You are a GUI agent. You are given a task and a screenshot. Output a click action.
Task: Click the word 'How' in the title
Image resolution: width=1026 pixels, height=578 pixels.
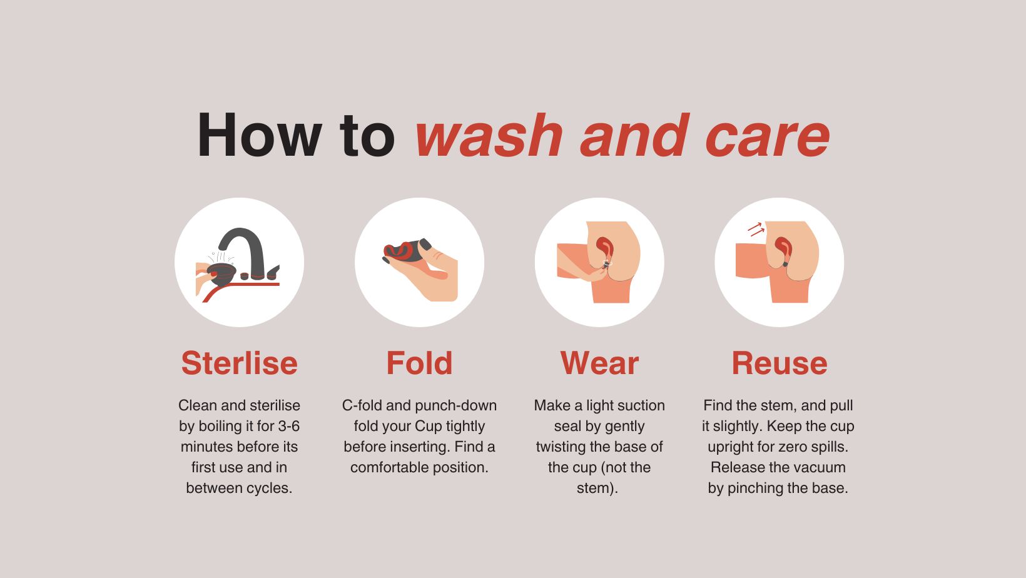click(x=259, y=135)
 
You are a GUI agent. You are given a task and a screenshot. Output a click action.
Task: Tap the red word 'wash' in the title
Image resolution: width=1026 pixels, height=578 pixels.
click(x=489, y=136)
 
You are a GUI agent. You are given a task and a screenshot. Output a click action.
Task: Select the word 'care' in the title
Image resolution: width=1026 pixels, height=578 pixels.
click(x=768, y=136)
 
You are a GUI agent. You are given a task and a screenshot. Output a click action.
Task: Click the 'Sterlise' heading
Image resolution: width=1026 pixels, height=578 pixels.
click(x=239, y=363)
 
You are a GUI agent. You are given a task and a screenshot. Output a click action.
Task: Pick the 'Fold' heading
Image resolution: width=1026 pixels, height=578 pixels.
click(x=419, y=363)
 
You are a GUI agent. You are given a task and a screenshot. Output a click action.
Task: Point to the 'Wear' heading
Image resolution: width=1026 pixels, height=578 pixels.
click(x=599, y=363)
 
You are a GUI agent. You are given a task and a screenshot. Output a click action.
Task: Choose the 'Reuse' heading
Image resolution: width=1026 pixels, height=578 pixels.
click(x=779, y=363)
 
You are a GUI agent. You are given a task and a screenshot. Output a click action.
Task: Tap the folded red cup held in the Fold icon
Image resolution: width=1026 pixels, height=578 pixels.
click(x=399, y=251)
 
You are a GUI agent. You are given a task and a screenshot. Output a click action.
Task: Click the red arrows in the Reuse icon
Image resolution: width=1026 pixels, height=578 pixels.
click(x=756, y=229)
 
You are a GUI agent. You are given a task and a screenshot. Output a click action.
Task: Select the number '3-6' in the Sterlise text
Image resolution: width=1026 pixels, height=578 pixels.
click(x=288, y=426)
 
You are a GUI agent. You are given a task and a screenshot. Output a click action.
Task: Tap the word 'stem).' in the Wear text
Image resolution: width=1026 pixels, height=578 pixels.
click(x=597, y=488)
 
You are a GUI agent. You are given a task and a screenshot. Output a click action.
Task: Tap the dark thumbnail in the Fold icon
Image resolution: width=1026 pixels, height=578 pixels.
click(x=425, y=244)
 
